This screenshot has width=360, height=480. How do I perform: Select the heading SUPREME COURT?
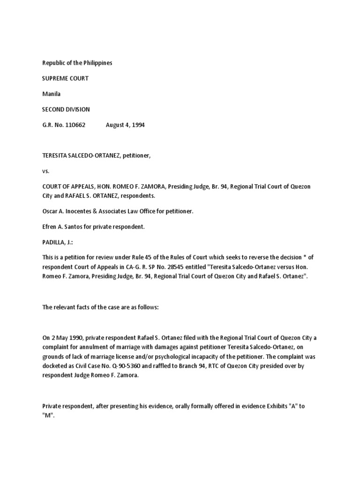pyautogui.click(x=65, y=78)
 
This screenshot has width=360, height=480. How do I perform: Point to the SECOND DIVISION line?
pyautogui.click(x=66, y=109)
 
